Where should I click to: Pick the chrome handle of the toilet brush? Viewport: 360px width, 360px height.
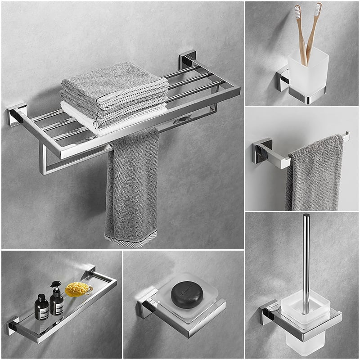click(306, 261)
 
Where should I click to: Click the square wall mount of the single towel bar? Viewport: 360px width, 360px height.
click(262, 151)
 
